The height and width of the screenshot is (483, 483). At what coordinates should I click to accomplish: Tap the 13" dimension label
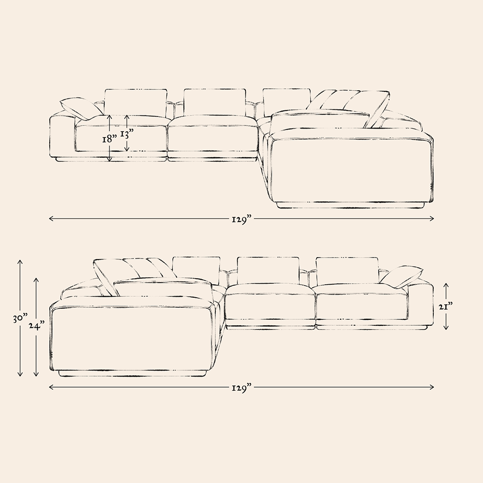pyautogui.click(x=127, y=134)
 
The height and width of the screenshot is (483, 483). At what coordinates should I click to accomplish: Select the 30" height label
pyautogui.click(x=20, y=318)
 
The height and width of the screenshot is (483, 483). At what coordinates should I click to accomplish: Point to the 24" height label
pyautogui.click(x=37, y=325)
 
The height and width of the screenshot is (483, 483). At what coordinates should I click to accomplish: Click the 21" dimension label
pyautogui.click(x=446, y=306)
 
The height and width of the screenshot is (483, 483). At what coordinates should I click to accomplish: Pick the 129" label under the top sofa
pyautogui.click(x=242, y=219)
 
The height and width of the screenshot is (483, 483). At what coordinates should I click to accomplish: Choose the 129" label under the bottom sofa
pyautogui.click(x=242, y=387)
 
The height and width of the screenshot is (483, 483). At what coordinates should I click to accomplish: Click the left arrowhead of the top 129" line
pyautogui.click(x=51, y=219)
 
